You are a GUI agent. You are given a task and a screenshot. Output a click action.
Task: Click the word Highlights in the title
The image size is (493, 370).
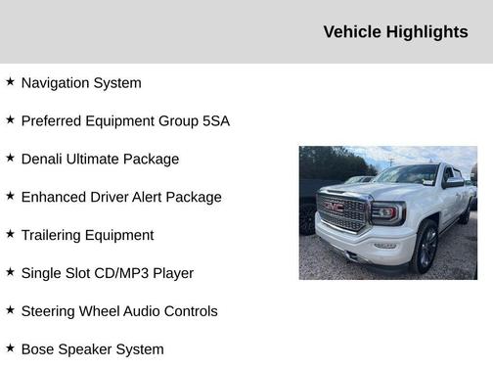427,32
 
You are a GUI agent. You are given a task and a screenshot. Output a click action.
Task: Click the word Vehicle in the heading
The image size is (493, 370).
353,32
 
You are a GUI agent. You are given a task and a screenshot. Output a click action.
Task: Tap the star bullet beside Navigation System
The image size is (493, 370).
10,82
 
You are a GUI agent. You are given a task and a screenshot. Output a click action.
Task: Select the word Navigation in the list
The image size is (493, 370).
55,83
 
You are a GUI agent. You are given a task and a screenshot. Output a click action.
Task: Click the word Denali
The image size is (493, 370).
44,160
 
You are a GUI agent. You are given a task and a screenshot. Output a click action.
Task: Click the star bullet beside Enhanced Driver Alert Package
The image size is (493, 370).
10,196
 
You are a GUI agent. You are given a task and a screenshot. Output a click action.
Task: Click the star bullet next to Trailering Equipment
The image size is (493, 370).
10,234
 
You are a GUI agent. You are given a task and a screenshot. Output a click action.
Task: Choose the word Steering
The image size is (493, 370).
51,311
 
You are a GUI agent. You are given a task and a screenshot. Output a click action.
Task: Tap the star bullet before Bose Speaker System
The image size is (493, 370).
10,347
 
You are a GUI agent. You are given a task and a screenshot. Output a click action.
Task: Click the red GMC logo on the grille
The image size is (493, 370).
336,208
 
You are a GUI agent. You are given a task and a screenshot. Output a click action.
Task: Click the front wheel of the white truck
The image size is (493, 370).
426,248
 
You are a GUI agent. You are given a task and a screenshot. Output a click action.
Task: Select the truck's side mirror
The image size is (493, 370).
452,183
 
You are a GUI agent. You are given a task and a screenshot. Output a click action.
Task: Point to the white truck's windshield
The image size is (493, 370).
407,175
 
